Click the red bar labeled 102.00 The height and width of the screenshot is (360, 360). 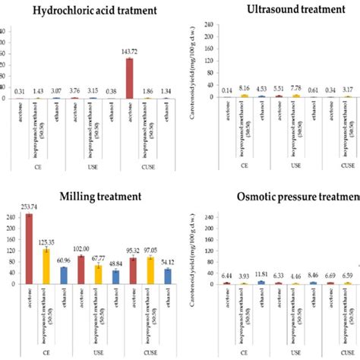pyautogui.click(x=80, y=269)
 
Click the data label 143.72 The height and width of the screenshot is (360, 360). pyautogui.click(x=130, y=52)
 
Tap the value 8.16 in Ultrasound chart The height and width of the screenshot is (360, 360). pyautogui.click(x=245, y=88)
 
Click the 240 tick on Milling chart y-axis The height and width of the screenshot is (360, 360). pyautogui.click(x=11, y=216)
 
